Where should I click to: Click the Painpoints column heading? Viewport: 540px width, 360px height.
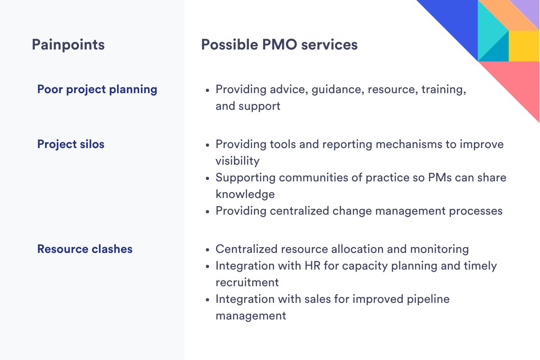coord(68,45)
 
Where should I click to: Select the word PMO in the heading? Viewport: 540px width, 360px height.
coord(280,45)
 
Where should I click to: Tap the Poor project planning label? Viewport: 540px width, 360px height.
coord(97,90)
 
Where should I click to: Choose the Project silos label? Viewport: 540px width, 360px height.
coord(71,144)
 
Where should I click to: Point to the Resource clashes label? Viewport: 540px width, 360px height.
coord(85,249)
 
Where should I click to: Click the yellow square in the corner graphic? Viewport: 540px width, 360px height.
coord(524,46)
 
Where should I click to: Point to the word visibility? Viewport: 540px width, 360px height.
coord(238,161)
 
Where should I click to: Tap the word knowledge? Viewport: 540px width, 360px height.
coord(245,194)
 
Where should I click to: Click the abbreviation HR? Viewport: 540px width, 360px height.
coord(312,265)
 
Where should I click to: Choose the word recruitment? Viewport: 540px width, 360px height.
coord(247,282)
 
